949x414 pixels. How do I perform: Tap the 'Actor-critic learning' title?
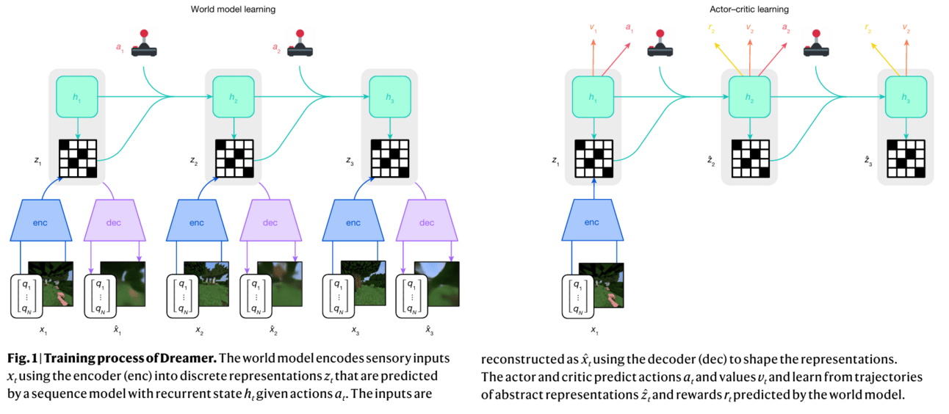(750, 9)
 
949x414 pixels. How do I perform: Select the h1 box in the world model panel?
(77, 95)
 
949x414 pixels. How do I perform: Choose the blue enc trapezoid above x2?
(197, 222)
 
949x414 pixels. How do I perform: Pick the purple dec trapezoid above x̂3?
(427, 222)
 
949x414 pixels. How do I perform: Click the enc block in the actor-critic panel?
(591, 222)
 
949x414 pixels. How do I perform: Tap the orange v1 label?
(593, 28)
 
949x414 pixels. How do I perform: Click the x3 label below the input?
(355, 331)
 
